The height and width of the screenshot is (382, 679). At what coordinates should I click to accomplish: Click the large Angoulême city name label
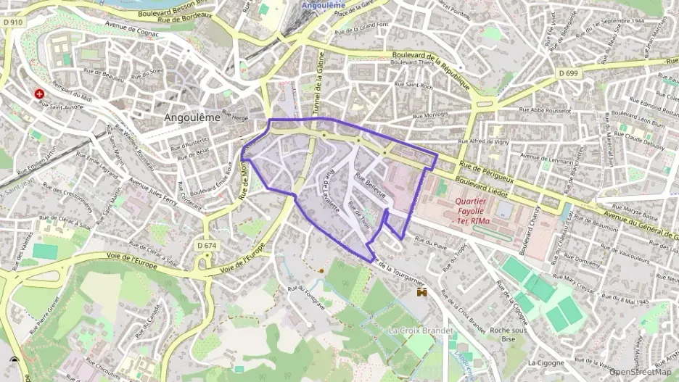pos(192,117)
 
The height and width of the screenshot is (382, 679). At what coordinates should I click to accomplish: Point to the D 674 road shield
pos(207,246)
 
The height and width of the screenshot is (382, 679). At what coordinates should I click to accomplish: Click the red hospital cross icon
pos(39,94)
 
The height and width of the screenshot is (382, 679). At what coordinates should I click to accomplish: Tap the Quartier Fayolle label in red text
pos(471,211)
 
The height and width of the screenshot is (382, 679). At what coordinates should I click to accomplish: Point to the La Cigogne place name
pos(546,362)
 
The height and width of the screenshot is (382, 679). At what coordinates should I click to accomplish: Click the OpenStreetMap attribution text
pos(640,372)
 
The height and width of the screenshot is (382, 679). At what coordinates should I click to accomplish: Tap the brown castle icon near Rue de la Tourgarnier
pos(421,292)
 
